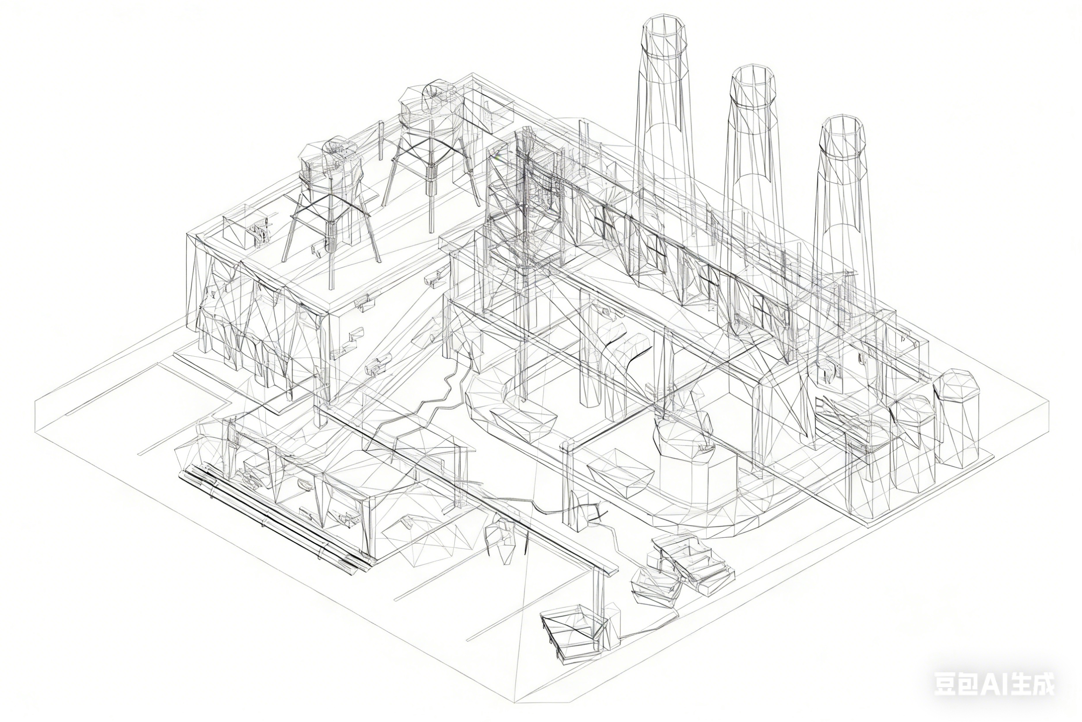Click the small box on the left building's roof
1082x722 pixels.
pos(242,230)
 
